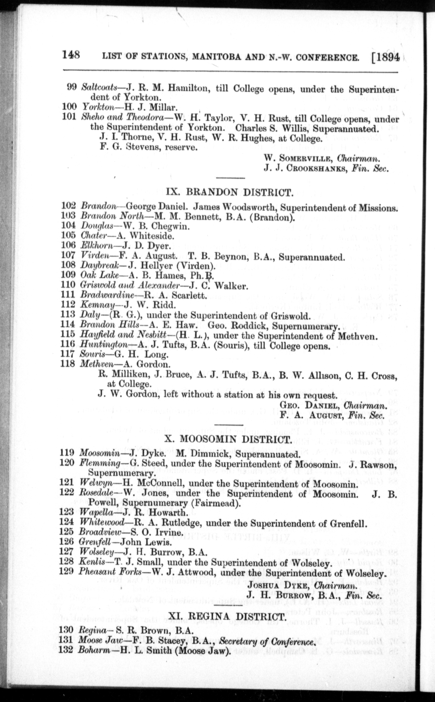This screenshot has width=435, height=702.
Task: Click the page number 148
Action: click(71, 55)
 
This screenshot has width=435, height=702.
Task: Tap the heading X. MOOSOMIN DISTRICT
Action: click(227, 439)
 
